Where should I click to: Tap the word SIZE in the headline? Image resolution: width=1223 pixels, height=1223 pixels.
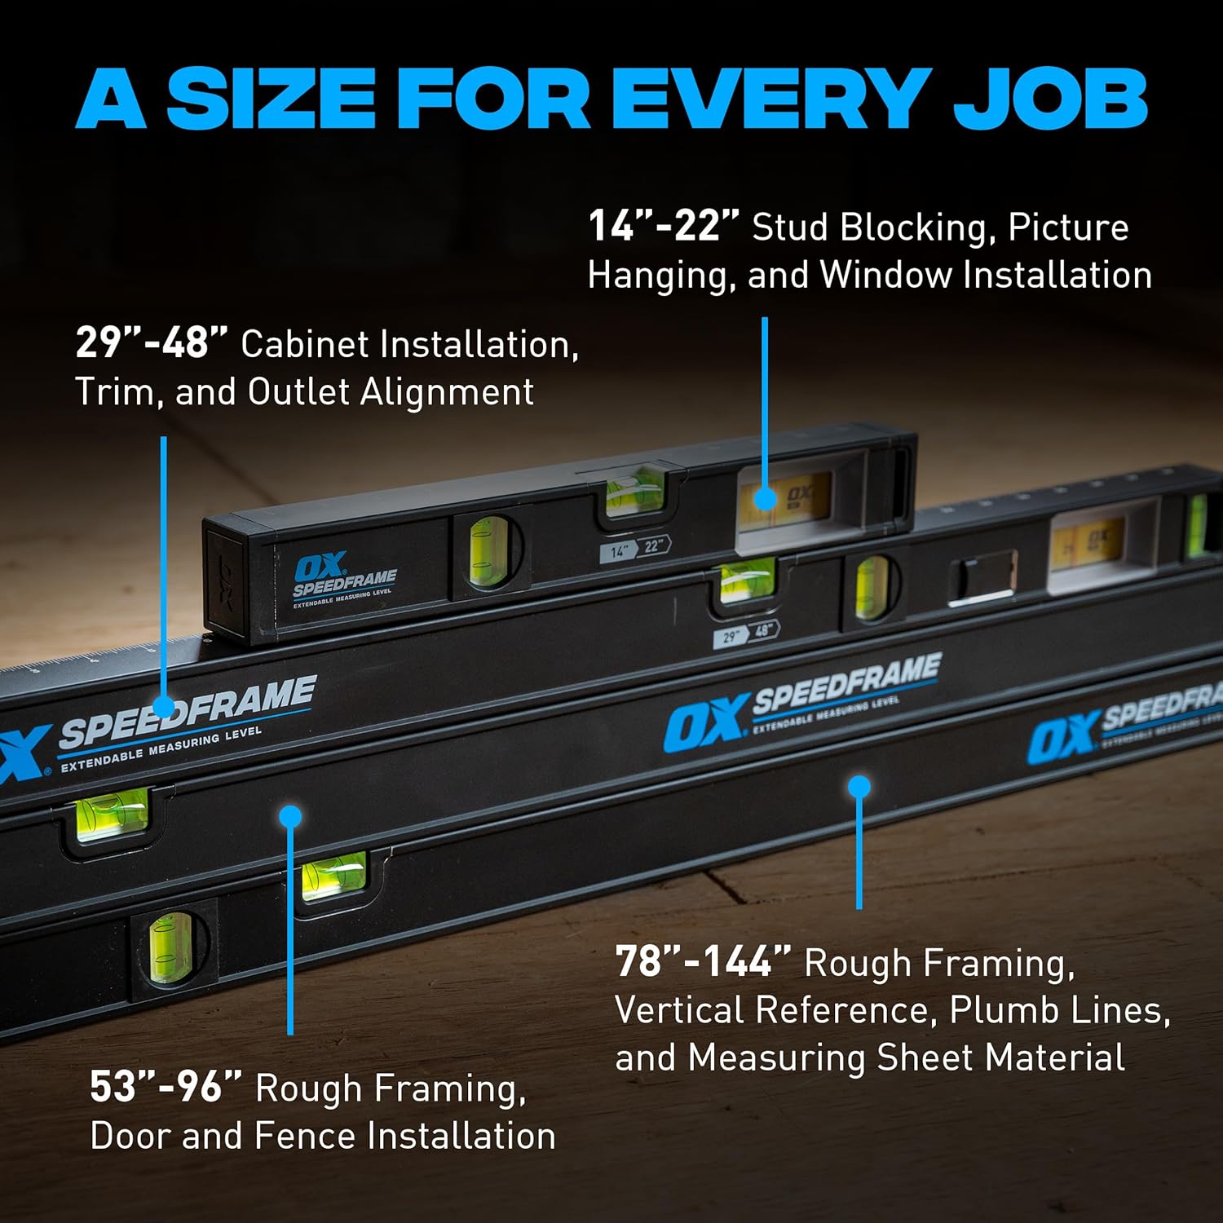270,98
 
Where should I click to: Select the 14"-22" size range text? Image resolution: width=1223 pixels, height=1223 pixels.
664,226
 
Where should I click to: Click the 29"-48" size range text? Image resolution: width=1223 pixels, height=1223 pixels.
152,342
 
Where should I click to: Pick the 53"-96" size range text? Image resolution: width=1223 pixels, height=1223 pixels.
166,1087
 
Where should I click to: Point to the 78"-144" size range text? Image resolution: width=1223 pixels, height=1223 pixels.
703,961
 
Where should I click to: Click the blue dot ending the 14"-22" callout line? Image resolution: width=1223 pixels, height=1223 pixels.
765,498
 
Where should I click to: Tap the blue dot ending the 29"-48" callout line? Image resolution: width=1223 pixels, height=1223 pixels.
164,707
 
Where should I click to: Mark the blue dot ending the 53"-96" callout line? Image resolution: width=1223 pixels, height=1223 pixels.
290,816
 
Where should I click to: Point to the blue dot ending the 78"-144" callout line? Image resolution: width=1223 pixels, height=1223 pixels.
859,787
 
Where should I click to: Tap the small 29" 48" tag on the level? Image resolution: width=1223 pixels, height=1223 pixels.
746,633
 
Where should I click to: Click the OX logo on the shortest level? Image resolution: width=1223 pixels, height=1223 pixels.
320,568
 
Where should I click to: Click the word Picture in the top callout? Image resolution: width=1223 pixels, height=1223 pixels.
1068,227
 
